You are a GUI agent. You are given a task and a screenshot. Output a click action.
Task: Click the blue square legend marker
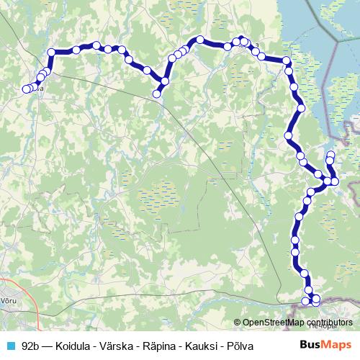pyautogui.click(x=10, y=346)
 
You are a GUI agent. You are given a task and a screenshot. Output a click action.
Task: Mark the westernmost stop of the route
pyautogui.click(x=26, y=89)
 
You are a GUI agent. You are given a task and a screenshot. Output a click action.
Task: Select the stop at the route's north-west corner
pyautogui.click(x=51, y=51)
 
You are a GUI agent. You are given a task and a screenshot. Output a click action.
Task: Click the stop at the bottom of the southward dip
pyautogui.click(x=157, y=94)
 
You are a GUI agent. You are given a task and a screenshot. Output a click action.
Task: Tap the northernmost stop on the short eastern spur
pyautogui.click(x=331, y=154)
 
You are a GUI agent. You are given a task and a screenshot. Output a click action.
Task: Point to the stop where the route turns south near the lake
pyautogui.click(x=287, y=61)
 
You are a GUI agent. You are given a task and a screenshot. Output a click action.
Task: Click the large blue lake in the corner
pyautogui.click(x=317, y=29)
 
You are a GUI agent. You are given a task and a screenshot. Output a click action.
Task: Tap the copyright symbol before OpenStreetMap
pyautogui.click(x=237, y=323)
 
